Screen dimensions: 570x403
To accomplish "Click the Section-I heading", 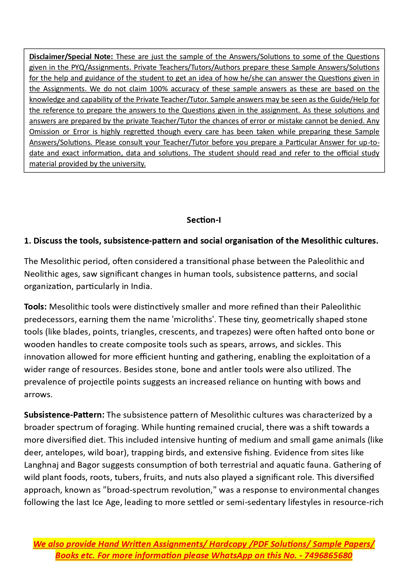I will pyautogui.click(x=204, y=220).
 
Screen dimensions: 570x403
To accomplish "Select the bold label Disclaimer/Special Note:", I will pyautogui.click(x=71, y=57).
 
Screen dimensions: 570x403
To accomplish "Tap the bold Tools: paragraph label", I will pyautogui.click(x=35, y=307).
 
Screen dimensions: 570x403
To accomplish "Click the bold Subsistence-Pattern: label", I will pyautogui.click(x=64, y=415).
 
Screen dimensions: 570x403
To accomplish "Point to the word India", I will pyautogui.click(x=141, y=286).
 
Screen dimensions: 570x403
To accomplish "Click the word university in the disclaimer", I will pyautogui.click(x=129, y=164).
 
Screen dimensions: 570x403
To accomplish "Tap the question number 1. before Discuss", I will pyautogui.click(x=28, y=241).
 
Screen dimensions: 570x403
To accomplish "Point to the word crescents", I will pyautogui.click(x=177, y=332).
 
